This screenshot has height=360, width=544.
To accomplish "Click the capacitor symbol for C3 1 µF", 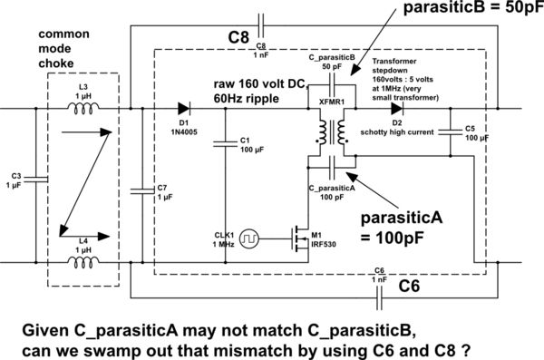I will tap(37, 179).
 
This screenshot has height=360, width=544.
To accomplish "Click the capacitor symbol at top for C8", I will tap(261, 20).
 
